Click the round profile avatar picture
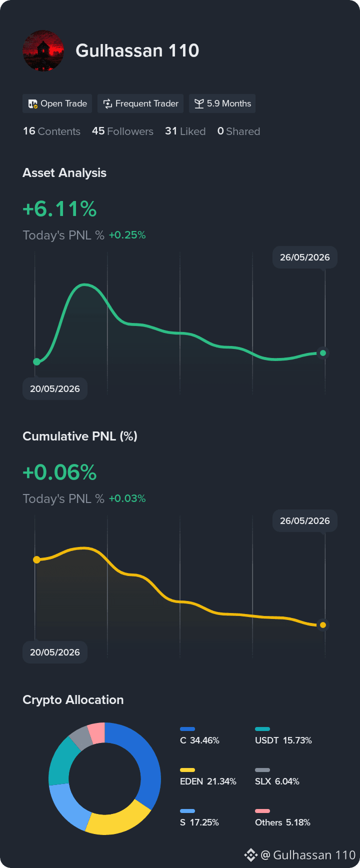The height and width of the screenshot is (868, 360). click(x=43, y=50)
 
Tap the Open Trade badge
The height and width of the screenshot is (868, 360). click(x=57, y=103)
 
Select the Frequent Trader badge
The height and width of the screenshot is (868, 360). click(x=140, y=103)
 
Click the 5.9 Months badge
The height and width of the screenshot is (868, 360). click(x=222, y=103)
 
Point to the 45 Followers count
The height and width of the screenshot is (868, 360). click(x=122, y=131)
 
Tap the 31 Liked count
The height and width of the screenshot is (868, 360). click(x=185, y=131)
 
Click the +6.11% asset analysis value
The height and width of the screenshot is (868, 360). click(x=59, y=209)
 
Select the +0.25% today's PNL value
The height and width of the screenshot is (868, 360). click(x=127, y=235)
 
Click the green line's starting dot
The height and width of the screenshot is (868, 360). click(x=36, y=361)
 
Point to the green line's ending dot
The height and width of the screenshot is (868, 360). click(x=323, y=353)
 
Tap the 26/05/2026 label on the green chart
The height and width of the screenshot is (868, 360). click(x=305, y=257)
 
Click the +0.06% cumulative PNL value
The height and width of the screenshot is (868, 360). click(x=59, y=472)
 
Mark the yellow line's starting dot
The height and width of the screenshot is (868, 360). click(x=36, y=559)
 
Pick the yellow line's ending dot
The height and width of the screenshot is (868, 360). click(x=323, y=625)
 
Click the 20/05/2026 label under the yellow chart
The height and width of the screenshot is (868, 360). click(x=55, y=652)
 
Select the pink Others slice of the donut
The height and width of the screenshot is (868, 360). click(x=96, y=732)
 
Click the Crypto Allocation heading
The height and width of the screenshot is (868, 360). click(x=73, y=699)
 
